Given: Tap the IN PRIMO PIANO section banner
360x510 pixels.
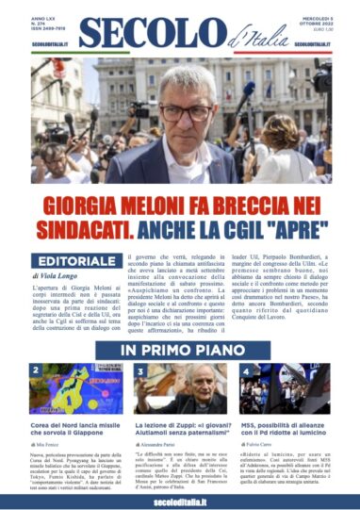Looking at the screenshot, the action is pos(180,351).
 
